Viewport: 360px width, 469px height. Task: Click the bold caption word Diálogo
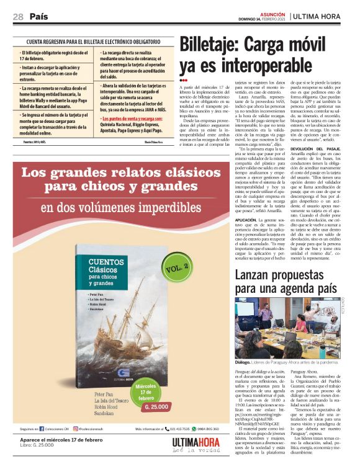pos(243,362)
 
